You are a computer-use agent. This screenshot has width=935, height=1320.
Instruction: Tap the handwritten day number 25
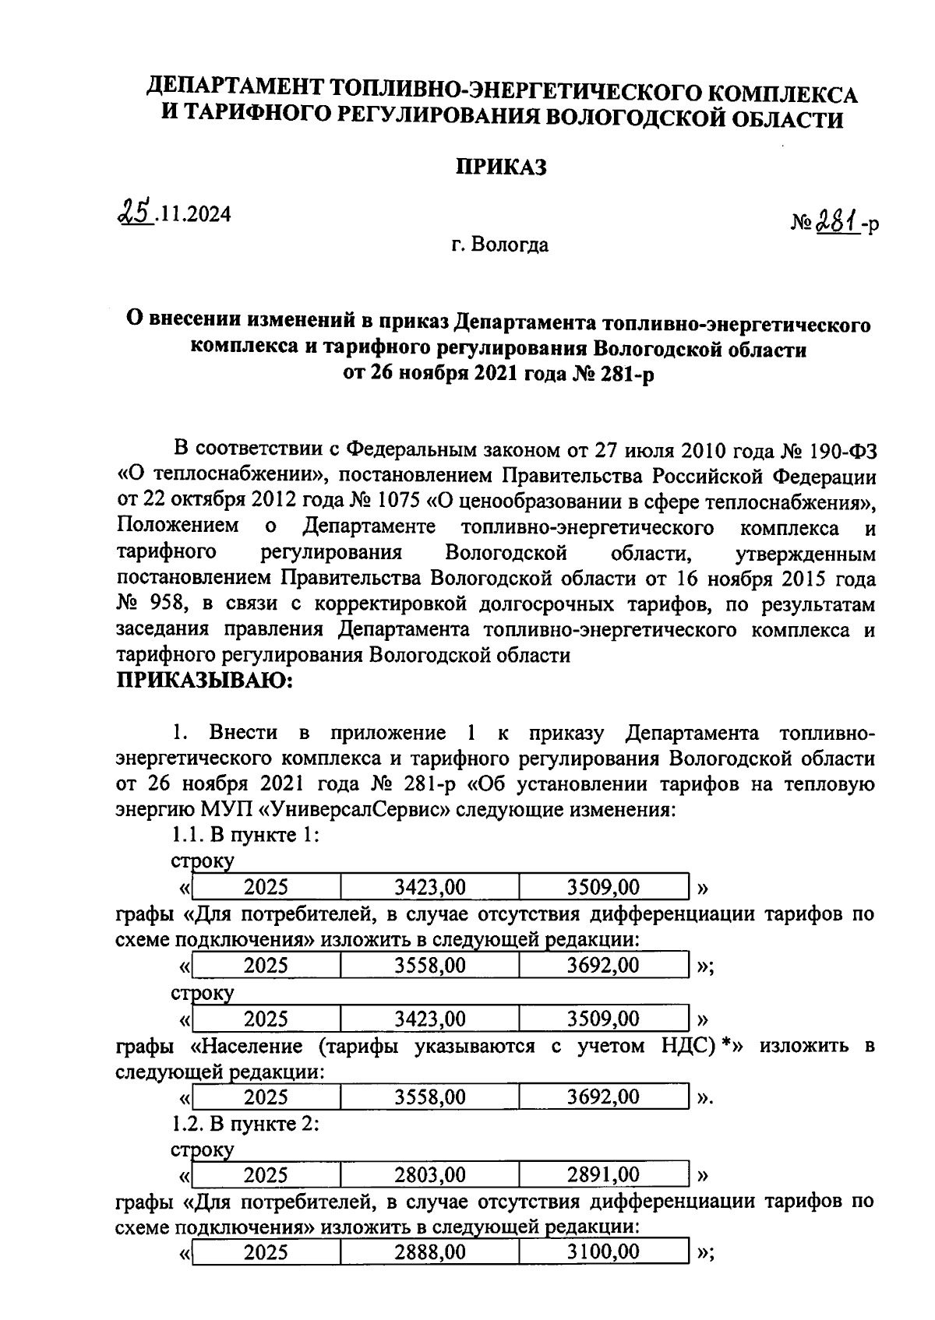(x=132, y=211)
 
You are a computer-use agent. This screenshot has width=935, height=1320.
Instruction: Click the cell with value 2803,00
(x=430, y=1174)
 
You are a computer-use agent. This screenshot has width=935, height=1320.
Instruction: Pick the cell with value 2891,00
(x=604, y=1174)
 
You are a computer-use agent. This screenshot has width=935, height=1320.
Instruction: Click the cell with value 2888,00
(x=430, y=1252)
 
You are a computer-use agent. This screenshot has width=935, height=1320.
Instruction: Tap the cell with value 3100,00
(x=604, y=1252)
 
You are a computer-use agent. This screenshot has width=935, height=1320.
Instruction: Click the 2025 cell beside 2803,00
(x=266, y=1174)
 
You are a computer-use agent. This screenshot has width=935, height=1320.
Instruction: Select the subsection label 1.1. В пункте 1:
(x=245, y=836)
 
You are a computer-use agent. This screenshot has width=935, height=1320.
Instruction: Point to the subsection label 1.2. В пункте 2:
(x=245, y=1124)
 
